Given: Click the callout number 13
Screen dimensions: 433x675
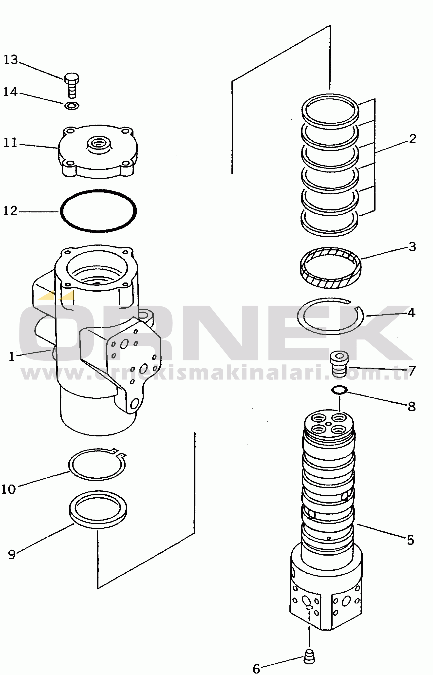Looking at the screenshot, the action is tap(11, 60).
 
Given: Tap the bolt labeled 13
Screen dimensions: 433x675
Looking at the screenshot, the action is tap(72, 85).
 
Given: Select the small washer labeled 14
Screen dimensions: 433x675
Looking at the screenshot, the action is tap(72, 106).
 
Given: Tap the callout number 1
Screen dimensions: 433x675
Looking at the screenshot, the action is tap(12, 357).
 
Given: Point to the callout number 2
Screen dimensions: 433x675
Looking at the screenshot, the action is tap(413, 139).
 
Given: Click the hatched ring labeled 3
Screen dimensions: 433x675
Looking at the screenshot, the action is tap(331, 268).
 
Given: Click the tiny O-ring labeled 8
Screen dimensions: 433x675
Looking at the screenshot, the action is tap(340, 390).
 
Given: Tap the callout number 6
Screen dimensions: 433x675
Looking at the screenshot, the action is tap(256, 669).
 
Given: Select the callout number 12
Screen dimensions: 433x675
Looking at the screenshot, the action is tap(10, 211).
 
